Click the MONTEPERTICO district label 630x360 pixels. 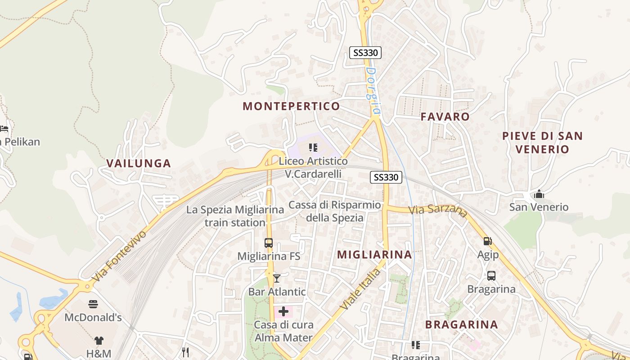click(x=291, y=106)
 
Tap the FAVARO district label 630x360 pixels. click(x=445, y=117)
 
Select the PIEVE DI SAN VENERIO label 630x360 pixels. click(x=542, y=142)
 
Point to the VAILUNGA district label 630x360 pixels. click(x=139, y=163)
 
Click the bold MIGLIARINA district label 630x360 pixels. click(x=374, y=255)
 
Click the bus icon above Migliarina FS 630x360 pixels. click(x=269, y=243)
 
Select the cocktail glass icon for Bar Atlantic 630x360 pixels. click(x=277, y=279)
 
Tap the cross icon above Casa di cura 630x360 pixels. click(x=283, y=311)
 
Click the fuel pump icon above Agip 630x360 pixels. click(x=487, y=242)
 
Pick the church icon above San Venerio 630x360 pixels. click(x=539, y=194)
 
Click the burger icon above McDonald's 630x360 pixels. click(x=93, y=304)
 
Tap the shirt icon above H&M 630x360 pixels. click(x=99, y=341)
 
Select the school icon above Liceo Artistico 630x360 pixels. click(x=313, y=148)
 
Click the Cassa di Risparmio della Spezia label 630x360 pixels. click(x=334, y=211)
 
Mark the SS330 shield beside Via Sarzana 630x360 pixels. click(x=386, y=177)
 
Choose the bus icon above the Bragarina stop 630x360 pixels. click(x=491, y=276)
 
